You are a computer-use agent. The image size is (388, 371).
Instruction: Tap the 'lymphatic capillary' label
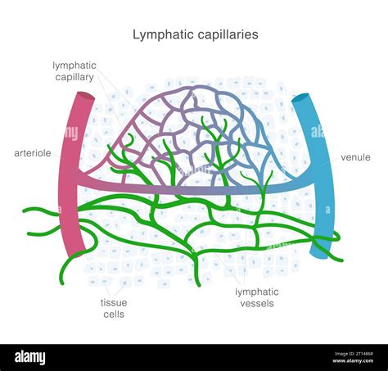(x=74, y=70)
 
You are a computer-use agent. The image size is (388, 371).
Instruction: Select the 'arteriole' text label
(x=34, y=153)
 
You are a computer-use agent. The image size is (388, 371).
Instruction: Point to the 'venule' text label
(x=355, y=156)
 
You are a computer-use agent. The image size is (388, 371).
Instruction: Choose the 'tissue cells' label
(x=114, y=308)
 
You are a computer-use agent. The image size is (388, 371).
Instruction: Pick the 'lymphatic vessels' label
(x=256, y=297)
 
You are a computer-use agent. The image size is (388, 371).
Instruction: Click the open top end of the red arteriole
(x=84, y=96)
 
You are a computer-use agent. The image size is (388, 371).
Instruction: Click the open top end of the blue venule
(x=300, y=99)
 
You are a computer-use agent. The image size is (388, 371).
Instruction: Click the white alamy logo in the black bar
(x=29, y=357)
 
